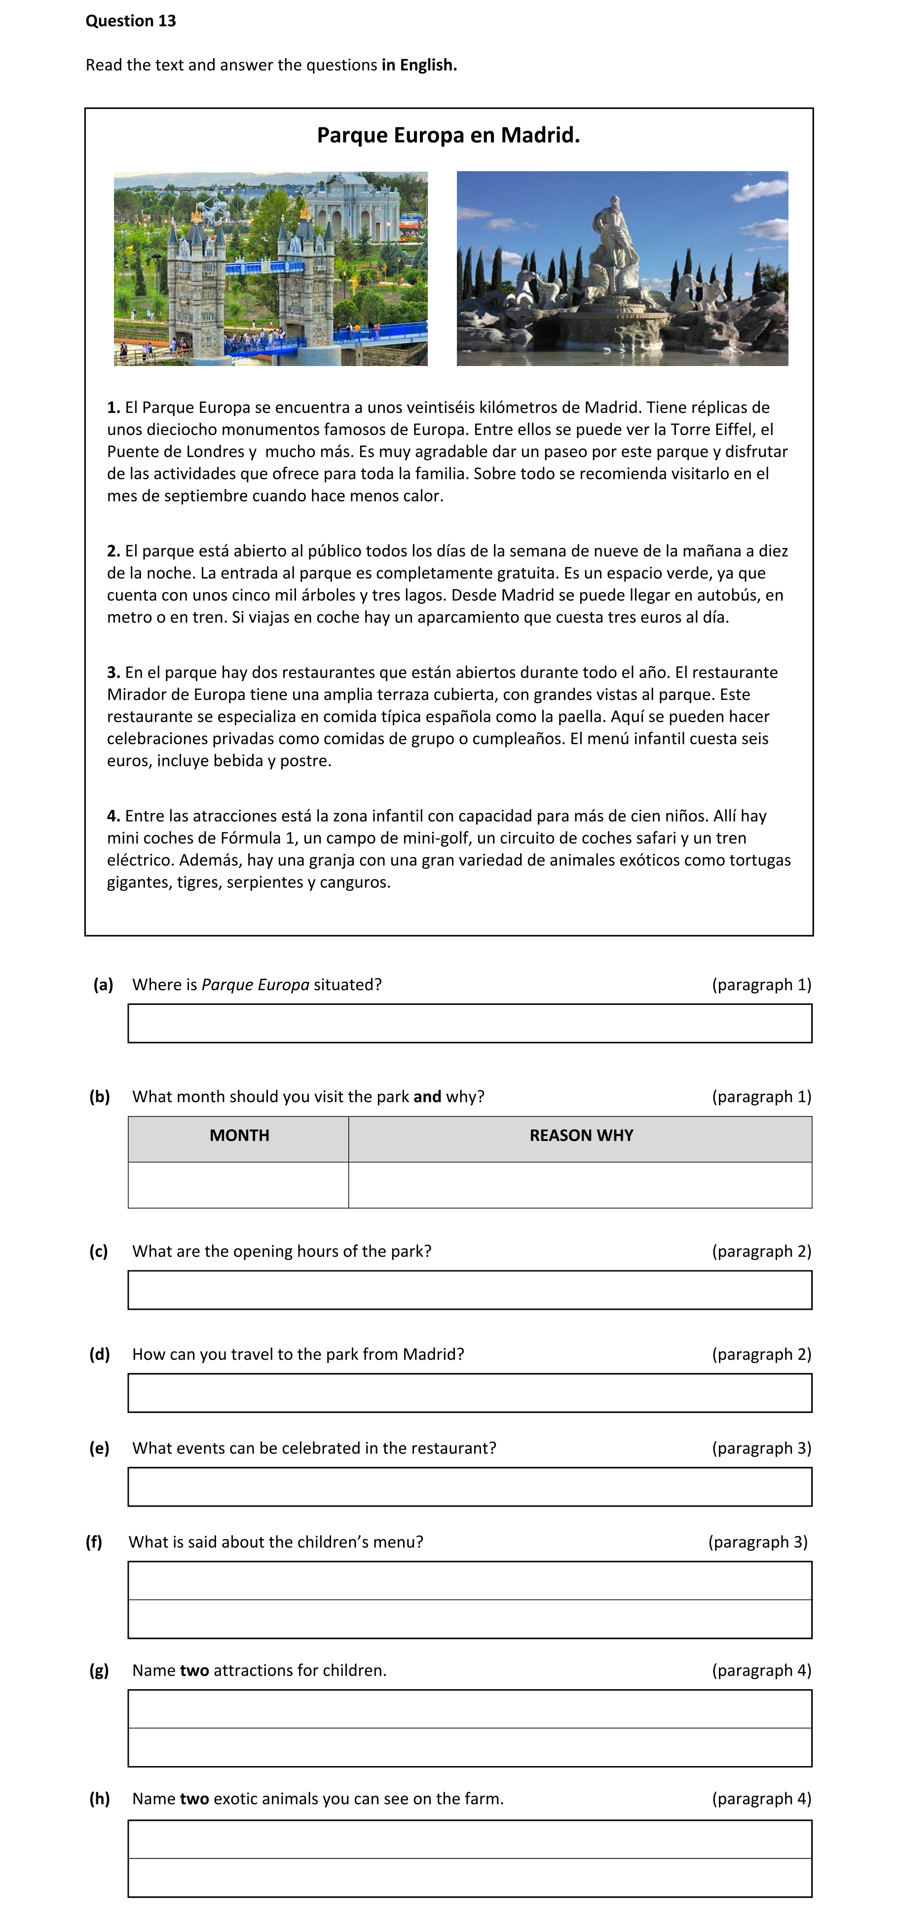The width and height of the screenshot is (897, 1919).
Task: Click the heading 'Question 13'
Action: [130, 21]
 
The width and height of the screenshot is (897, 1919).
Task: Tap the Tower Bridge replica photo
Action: [270, 269]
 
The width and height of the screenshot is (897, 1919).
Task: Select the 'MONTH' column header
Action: [239, 1136]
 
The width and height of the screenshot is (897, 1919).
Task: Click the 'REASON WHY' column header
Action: [581, 1136]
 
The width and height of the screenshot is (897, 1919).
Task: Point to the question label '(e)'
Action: [99, 1448]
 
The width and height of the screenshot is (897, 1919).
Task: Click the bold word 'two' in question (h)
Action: [194, 1799]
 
